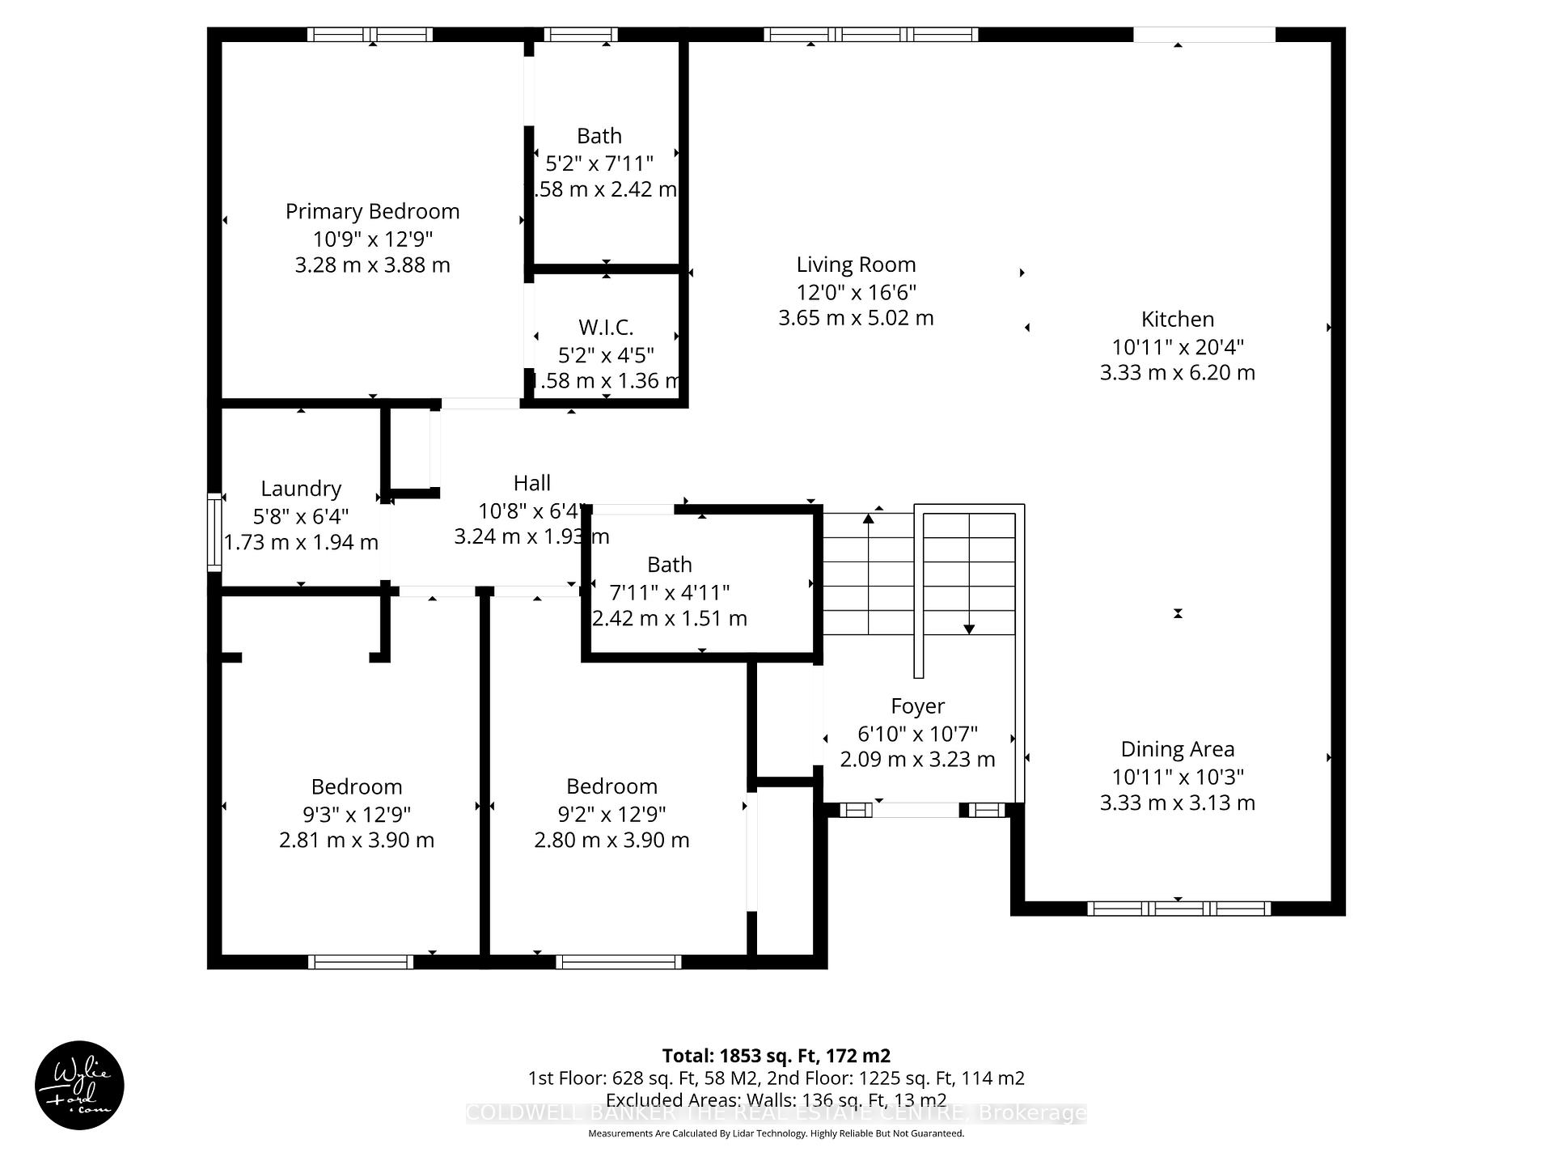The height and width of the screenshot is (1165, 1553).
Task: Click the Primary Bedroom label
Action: [372, 212]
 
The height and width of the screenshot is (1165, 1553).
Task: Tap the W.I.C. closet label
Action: [606, 328]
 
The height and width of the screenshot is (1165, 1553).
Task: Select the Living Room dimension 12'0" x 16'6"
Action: [856, 292]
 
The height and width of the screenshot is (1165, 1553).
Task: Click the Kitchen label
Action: [1177, 320]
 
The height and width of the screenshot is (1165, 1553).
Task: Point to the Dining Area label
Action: [1177, 749]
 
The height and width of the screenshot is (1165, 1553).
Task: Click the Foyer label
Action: [917, 706]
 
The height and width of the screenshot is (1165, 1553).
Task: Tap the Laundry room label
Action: [301, 489]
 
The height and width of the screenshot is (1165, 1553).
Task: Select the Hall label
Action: [531, 483]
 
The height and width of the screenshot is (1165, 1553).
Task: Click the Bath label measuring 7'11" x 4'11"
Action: [669, 565]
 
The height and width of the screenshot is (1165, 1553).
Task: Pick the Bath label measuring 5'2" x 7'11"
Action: [599, 136]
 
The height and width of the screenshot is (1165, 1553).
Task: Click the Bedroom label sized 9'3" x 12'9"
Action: [357, 786]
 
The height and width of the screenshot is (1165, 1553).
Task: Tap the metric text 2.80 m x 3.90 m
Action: [611, 840]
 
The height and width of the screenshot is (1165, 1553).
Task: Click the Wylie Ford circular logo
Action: [79, 1085]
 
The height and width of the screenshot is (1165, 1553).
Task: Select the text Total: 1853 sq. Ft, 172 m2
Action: [776, 1056]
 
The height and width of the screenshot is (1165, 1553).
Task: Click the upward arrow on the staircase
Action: [869, 519]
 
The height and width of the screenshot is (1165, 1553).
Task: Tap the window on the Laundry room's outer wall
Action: [214, 532]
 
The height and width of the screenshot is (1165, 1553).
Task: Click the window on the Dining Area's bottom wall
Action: [1178, 909]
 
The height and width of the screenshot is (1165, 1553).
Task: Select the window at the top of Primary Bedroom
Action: [370, 35]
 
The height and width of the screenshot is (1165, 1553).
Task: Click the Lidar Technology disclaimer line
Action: [776, 1133]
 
